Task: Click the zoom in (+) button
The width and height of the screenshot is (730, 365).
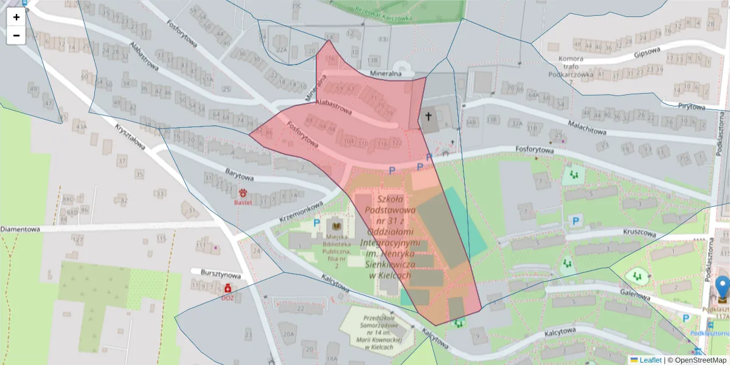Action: point(16,17)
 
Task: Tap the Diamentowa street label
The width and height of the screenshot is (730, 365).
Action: point(19,229)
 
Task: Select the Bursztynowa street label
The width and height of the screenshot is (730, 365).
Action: point(216,275)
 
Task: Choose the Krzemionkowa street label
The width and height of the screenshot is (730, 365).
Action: point(300,210)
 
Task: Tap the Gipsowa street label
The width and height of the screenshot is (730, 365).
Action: point(647,54)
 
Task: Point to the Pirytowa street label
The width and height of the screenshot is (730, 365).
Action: point(691,107)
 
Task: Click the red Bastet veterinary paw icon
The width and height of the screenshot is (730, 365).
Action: point(243,193)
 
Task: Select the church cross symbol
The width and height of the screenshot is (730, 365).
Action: point(428,116)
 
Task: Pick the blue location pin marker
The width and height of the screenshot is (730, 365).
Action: point(722,288)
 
